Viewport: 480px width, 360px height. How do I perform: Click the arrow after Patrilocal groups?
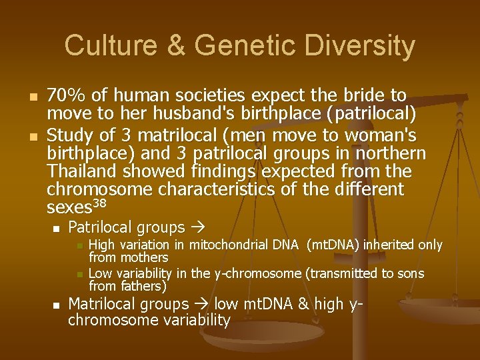(x=198, y=228)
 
